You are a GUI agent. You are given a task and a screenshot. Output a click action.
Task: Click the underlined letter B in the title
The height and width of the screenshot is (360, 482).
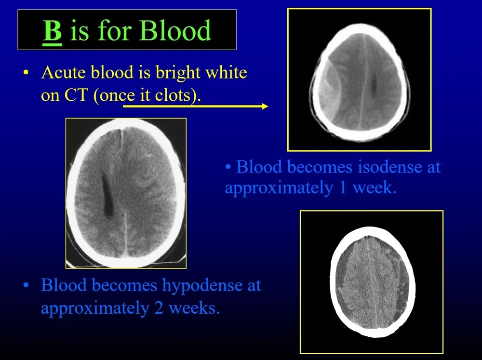pos(53,31)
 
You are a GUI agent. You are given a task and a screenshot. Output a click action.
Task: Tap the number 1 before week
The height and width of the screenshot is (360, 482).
pos(342,187)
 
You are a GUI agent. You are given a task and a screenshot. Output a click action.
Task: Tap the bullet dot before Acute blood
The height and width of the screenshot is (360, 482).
pos(26,74)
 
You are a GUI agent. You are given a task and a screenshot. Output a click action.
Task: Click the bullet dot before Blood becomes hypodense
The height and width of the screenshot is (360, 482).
pos(26,286)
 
